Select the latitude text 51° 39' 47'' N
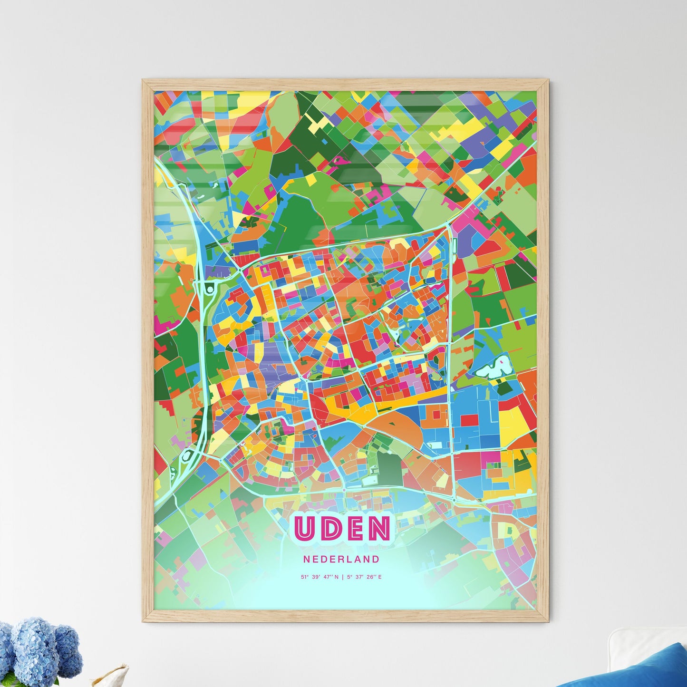click(320, 577)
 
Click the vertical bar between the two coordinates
click(343, 577)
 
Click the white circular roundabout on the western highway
click(210, 289)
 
